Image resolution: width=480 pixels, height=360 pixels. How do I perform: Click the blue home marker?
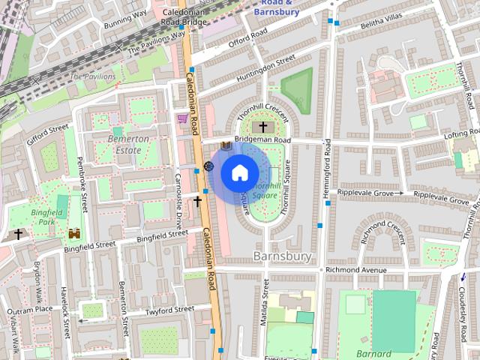pos(238,173)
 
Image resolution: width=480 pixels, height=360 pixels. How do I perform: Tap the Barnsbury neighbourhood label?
pos(282,256)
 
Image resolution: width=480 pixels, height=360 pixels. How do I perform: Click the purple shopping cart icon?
pos(182,118)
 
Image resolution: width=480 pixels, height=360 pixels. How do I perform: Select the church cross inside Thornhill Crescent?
pos(262,127)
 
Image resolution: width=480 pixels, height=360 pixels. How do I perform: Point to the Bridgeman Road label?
pos(262,140)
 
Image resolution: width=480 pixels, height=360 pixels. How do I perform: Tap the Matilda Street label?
pos(265,304)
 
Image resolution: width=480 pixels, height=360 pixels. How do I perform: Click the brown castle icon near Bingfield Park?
pos(73,234)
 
